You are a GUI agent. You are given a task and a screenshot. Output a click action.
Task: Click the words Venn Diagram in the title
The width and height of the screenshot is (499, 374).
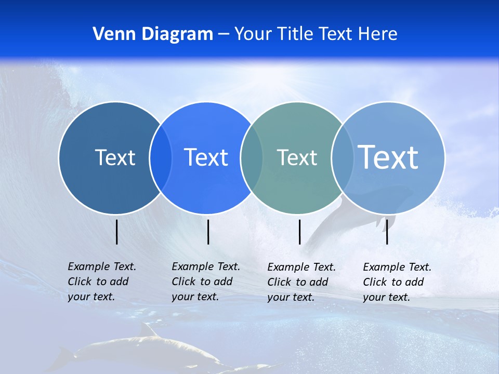coord(153,34)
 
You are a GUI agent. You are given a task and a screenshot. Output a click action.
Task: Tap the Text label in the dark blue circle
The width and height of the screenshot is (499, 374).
coord(115,157)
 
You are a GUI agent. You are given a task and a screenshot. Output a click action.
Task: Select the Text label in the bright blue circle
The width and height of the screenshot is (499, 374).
coord(206,157)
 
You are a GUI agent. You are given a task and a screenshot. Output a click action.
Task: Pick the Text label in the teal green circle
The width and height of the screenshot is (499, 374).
coord(297,157)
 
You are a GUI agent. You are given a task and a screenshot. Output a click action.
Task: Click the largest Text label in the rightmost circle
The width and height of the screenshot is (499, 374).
coord(388,157)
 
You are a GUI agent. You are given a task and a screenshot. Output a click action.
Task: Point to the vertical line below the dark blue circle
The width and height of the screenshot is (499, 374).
coord(117,232)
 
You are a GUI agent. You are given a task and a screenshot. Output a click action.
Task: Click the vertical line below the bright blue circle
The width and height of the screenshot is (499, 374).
coord(208,232)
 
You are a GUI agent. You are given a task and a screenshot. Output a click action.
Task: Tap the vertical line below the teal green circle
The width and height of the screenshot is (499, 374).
coord(299,232)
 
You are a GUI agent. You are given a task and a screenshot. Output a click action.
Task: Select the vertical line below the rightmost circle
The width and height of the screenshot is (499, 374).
coord(387,232)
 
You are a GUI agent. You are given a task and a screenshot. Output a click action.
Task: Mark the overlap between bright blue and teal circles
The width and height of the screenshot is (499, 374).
coord(252,157)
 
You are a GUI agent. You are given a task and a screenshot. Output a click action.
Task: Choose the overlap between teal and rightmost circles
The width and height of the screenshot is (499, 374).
coord(343,157)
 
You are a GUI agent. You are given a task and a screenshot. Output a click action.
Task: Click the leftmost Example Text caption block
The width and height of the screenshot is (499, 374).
coord(102,282)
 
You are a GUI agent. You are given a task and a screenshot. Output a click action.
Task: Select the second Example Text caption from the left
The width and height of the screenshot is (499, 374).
coord(206,282)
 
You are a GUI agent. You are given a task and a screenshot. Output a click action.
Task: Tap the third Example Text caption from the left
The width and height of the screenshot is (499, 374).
coord(301,282)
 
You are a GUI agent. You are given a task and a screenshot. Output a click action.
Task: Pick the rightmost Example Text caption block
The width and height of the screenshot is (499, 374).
coord(397,282)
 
